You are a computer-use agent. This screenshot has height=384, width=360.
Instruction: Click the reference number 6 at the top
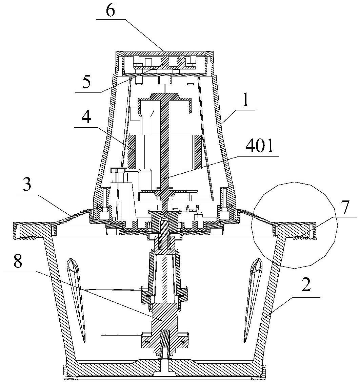111,11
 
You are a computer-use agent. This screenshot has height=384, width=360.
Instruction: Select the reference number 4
86,118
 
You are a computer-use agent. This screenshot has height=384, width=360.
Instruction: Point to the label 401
259,146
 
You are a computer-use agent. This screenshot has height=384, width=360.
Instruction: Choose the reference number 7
345,207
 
